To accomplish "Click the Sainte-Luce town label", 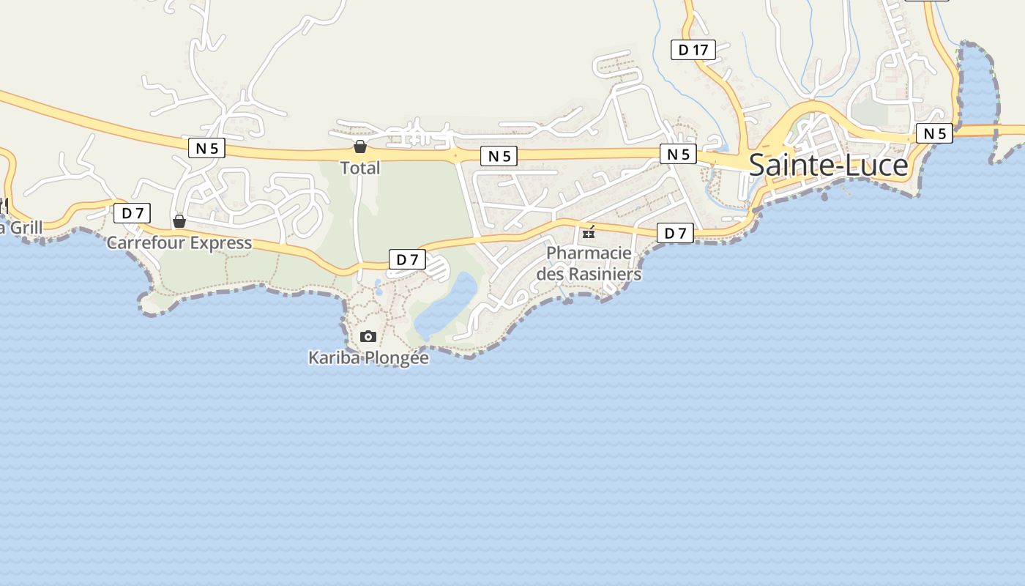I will tap(828, 166).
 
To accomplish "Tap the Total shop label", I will tap(360, 168).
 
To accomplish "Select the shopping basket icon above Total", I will tap(359, 146).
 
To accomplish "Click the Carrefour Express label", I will tap(179, 242).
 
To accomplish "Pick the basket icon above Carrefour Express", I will tap(179, 221).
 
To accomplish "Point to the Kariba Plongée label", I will tap(368, 358).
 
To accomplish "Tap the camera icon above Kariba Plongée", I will tap(368, 336).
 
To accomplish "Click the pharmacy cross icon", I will tap(589, 234).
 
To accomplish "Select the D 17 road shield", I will tap(693, 50).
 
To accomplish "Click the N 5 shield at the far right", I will tap(934, 133).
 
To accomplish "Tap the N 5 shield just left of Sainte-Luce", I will tap(678, 154).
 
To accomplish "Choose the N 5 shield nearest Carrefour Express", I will tap(206, 148).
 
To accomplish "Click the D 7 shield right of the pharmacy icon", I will tap(675, 233).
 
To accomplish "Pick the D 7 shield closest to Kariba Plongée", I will tap(407, 259).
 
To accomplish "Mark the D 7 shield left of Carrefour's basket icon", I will tap(132, 213).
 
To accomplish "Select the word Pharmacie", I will tap(589, 253).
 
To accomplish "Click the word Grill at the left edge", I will tap(24, 228).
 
